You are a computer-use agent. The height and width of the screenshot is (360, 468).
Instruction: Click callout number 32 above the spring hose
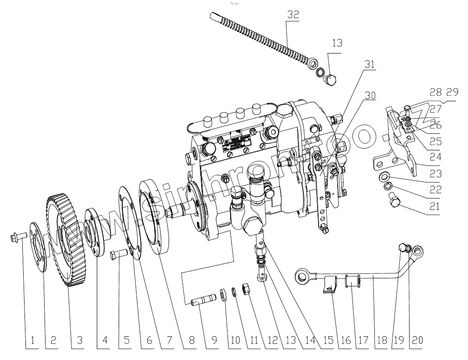pyautogui.click(x=293, y=14)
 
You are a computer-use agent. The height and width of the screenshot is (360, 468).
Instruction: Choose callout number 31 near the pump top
pyautogui.click(x=369, y=64)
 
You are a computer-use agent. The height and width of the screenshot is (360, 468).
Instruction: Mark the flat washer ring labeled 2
pyautogui.click(x=39, y=246)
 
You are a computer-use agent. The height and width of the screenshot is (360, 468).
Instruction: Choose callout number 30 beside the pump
pyautogui.click(x=370, y=95)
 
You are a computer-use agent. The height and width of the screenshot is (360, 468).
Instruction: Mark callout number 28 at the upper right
pyautogui.click(x=436, y=92)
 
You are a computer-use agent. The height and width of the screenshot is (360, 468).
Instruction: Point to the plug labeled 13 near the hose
pyautogui.click(x=331, y=81)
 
